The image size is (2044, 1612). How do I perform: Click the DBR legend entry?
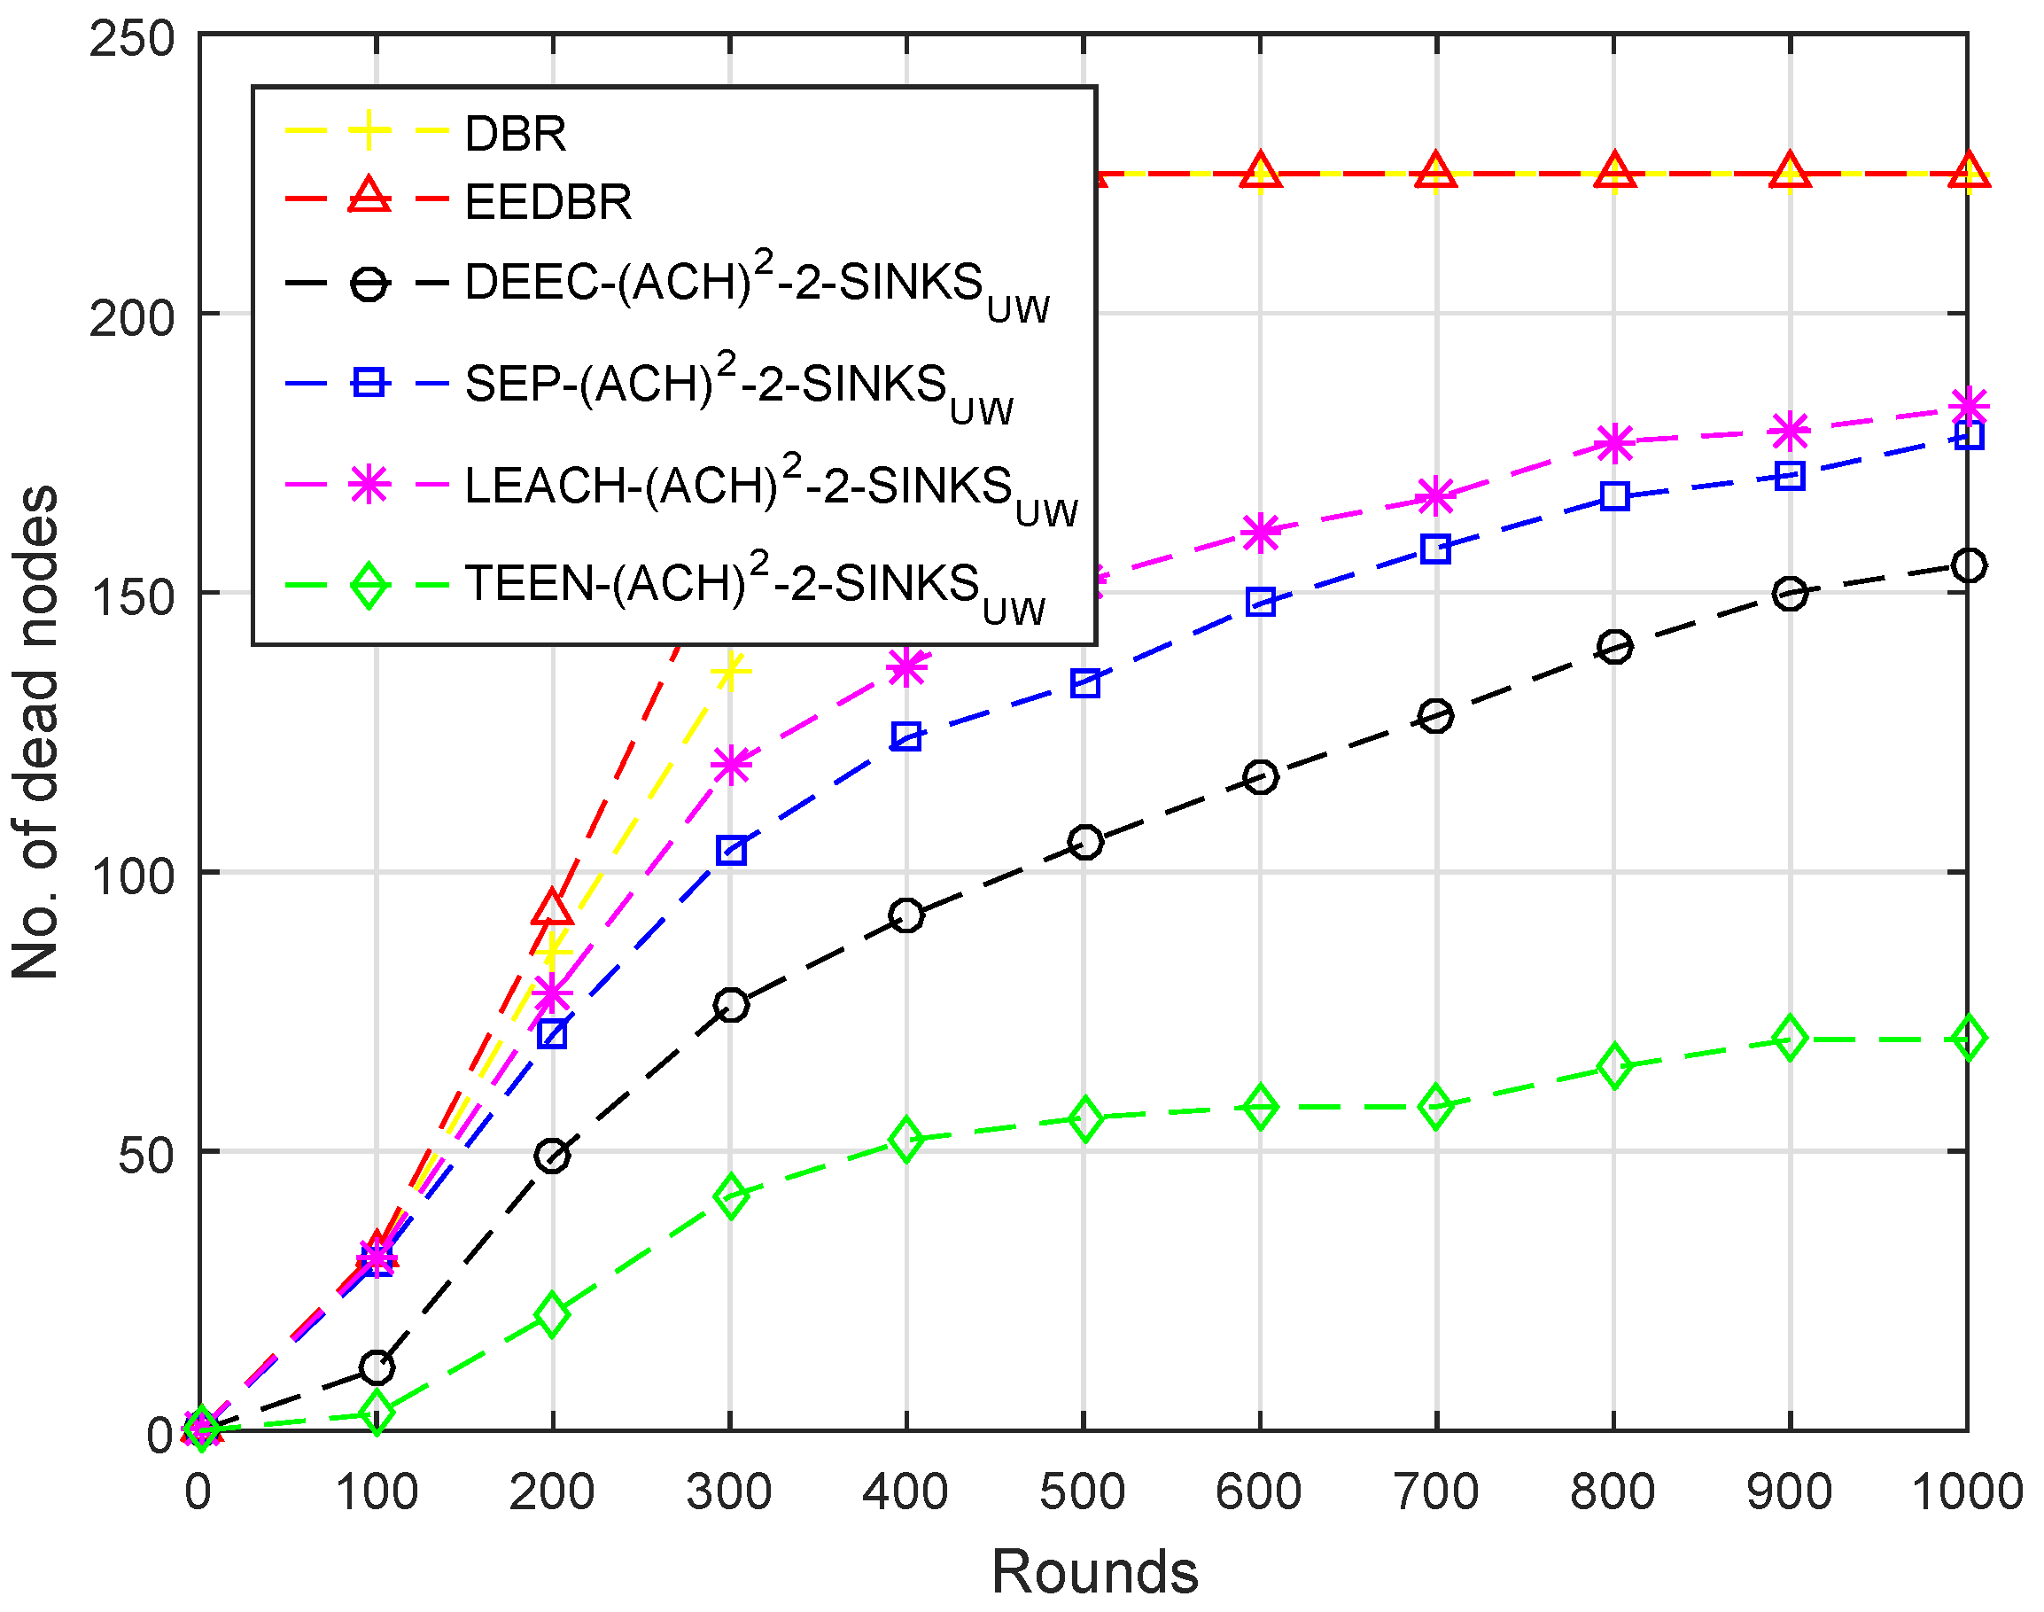(x=516, y=134)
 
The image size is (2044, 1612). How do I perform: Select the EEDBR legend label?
(x=548, y=202)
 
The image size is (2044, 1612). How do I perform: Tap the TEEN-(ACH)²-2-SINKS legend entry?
(x=755, y=584)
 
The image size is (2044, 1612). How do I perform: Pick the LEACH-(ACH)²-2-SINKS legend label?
(x=770, y=486)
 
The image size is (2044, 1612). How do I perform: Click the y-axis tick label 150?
(x=133, y=596)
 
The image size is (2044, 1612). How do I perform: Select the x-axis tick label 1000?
(x=1967, y=1493)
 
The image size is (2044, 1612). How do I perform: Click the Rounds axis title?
(x=1095, y=1572)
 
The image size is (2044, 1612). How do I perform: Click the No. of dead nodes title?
(x=35, y=733)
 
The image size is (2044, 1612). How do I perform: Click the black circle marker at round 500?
(x=1085, y=842)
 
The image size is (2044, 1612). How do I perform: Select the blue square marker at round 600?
(x=1261, y=602)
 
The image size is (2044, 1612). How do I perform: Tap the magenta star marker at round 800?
(x=1614, y=442)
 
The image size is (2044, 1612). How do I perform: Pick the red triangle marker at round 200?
(x=552, y=908)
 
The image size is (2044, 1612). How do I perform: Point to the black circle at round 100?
(x=377, y=1367)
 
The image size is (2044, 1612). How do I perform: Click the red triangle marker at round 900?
(x=1790, y=172)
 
